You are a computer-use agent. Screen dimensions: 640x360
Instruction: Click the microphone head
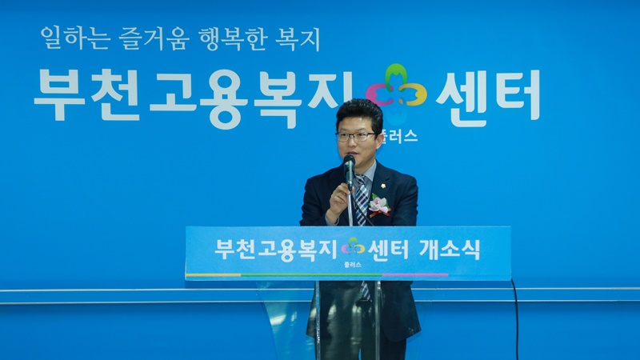click(349, 161)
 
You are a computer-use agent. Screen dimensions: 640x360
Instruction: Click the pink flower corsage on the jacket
click(379, 206)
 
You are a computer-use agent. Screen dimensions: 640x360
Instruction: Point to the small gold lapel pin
click(384, 186)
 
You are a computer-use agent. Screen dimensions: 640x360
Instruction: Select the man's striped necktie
click(362, 200)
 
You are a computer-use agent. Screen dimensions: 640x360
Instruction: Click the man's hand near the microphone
click(338, 202)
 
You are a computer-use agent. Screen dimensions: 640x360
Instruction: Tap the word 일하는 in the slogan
click(75, 38)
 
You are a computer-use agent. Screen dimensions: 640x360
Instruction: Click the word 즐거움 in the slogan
click(154, 38)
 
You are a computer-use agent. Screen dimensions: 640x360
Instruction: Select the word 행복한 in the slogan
click(233, 38)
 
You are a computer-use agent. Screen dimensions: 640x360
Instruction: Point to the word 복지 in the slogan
click(298, 39)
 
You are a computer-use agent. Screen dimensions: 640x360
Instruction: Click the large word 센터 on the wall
click(489, 98)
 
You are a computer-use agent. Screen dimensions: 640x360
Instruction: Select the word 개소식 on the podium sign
click(450, 250)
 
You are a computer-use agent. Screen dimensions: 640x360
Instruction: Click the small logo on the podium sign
click(353, 246)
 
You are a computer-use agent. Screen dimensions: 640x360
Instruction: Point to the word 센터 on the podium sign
click(388, 250)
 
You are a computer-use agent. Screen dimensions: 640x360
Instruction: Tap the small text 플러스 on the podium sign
click(353, 265)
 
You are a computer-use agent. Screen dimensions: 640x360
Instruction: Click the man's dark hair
click(359, 112)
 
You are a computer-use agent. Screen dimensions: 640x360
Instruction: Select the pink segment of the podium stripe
click(414, 275)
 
